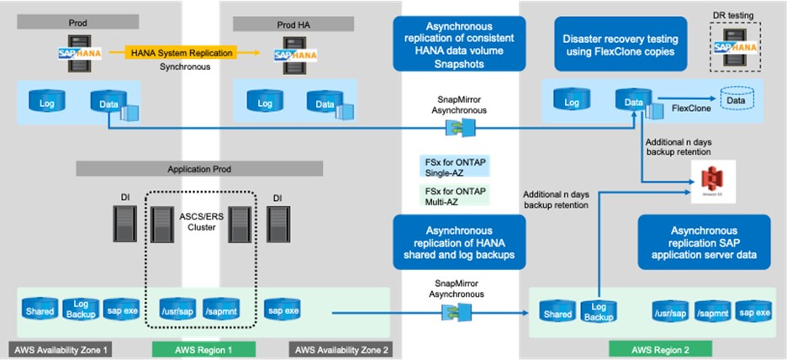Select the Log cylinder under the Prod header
(48, 103)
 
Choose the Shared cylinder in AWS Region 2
(557, 315)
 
